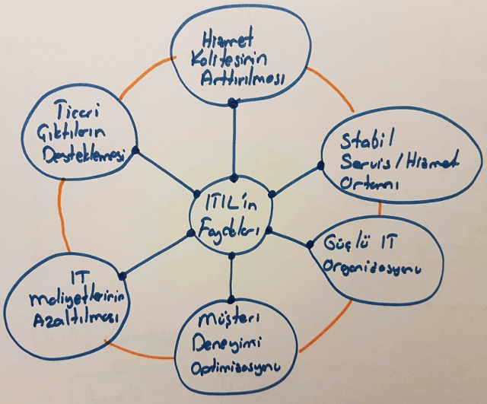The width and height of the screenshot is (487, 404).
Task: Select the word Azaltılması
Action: coord(75,319)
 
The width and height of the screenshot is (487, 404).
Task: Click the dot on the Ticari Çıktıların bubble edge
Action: coord(135,151)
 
